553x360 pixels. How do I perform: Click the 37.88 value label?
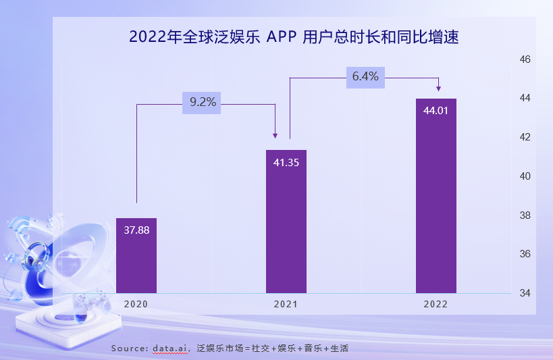click(136, 230)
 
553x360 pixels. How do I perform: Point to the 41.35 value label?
click(286, 162)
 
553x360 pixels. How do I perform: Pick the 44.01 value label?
click(436, 111)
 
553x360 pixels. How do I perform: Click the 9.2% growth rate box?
click(202, 103)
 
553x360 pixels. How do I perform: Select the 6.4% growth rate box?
click(365, 77)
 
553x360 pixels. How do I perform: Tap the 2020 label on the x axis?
click(136, 305)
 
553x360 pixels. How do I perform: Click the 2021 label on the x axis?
click(286, 305)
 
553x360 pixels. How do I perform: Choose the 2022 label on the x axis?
click(436, 305)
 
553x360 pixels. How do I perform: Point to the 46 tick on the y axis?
click(525, 59)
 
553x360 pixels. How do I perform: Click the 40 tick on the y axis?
click(525, 176)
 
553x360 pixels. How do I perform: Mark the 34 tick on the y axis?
click(525, 293)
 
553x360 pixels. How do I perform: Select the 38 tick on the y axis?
click(525, 215)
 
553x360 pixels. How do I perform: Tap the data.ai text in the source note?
click(170, 348)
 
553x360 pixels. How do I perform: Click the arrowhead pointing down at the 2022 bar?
click(439, 88)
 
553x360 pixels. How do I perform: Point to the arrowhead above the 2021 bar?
click(275, 135)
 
